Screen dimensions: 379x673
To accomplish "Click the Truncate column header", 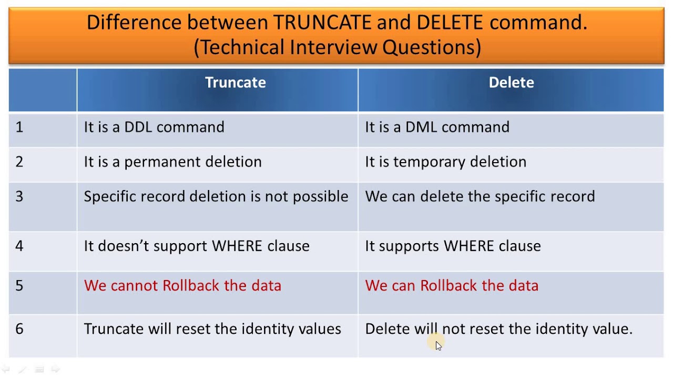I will pos(235,83).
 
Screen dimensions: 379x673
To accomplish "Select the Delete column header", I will pos(511,83).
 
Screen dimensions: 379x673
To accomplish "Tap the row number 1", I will pos(19,127).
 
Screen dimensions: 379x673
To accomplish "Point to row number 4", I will pos(19,246).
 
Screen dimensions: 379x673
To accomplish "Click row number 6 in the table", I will pos(19,329).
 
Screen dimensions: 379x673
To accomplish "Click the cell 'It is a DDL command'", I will pos(154,127).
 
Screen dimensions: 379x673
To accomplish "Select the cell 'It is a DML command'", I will pos(437,127).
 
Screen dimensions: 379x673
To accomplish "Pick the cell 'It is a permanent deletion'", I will pos(172,162).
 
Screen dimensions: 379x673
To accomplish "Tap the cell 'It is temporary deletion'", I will pos(445,162).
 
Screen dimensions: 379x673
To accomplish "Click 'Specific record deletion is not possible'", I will pos(216,196).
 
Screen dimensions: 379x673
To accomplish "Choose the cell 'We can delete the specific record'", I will pos(480,196).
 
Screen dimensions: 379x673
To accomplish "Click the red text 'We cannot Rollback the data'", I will pos(182,285).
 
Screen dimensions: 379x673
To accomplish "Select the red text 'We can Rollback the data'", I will pos(452,285).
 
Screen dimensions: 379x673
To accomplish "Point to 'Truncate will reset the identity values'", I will pos(212,329).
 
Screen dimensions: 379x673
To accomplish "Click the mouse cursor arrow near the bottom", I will pos(439,345).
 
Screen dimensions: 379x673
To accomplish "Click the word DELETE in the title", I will pos(450,23).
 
